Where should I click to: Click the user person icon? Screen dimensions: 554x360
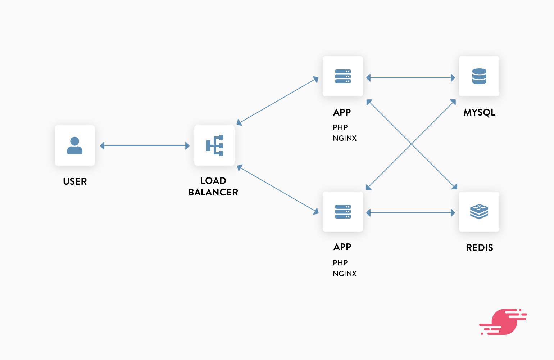pos(75,145)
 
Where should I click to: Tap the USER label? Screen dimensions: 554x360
pos(75,181)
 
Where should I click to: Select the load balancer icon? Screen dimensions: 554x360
pos(214,145)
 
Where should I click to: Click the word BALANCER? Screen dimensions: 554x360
pos(213,192)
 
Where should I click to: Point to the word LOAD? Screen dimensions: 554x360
pos(213,181)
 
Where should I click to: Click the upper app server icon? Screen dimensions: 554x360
pos(343,76)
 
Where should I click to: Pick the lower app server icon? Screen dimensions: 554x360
pos(343,212)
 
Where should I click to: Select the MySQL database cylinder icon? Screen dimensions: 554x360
pos(479,76)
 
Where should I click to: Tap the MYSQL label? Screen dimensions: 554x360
pos(479,113)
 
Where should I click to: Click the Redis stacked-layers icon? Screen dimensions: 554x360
pos(479,212)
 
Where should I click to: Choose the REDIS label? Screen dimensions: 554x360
pos(479,248)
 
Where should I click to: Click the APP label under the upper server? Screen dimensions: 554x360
pos(342,112)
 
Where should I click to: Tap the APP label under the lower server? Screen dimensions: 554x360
pos(342,247)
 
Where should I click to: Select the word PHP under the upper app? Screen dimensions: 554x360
pos(340,127)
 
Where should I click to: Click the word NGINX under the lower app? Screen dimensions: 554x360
pos(345,273)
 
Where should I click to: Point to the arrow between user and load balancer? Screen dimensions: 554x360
pos(145,146)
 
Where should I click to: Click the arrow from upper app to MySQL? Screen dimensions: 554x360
pos(410,78)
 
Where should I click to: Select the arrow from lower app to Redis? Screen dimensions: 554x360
pos(410,213)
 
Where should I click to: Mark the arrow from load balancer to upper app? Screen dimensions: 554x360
pos(277,101)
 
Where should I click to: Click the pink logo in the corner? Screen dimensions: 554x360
pos(503,321)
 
